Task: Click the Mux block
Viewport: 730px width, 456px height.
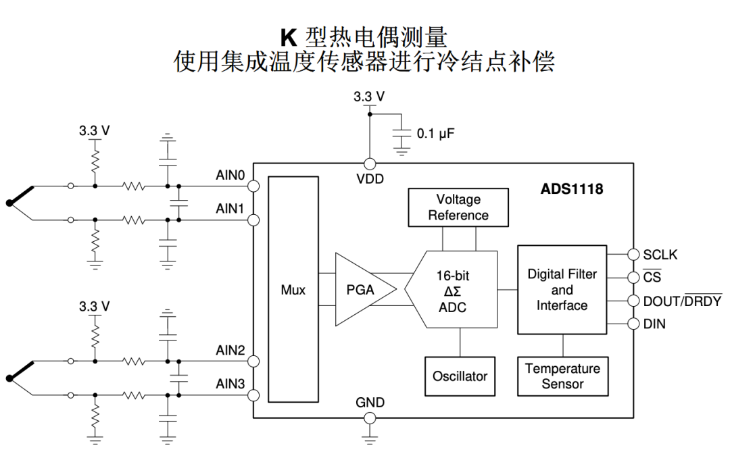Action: click(293, 289)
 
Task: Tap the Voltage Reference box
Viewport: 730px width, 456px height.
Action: click(458, 207)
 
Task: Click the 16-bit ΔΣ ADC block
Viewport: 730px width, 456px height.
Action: click(452, 289)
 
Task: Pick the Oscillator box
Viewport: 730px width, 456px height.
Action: click(460, 376)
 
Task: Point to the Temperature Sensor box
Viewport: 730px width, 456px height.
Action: click(563, 376)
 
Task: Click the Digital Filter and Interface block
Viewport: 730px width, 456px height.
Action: click(562, 289)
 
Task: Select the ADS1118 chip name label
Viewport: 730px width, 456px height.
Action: click(572, 189)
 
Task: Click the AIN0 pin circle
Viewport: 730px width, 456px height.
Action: click(253, 186)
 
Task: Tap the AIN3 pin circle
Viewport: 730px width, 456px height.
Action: click(253, 395)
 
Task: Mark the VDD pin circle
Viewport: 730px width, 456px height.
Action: click(370, 163)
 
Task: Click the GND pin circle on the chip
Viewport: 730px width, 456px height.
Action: click(370, 418)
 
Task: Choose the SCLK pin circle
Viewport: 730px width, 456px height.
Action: click(633, 254)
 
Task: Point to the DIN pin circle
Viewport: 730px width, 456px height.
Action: click(633, 324)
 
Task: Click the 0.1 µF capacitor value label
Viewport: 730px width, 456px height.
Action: click(435, 134)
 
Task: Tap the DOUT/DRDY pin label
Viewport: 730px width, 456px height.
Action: click(682, 301)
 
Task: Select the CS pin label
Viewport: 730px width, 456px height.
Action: click(652, 277)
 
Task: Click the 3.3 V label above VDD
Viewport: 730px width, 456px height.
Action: click(369, 97)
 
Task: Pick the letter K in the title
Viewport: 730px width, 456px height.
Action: click(289, 38)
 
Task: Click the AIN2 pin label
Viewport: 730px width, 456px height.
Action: click(230, 350)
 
